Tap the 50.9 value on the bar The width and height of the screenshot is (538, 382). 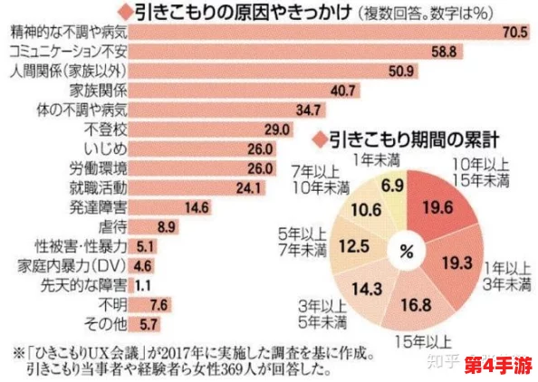point(399,71)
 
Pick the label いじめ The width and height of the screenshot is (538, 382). point(107,148)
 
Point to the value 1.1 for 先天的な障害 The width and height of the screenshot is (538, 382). point(135,284)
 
